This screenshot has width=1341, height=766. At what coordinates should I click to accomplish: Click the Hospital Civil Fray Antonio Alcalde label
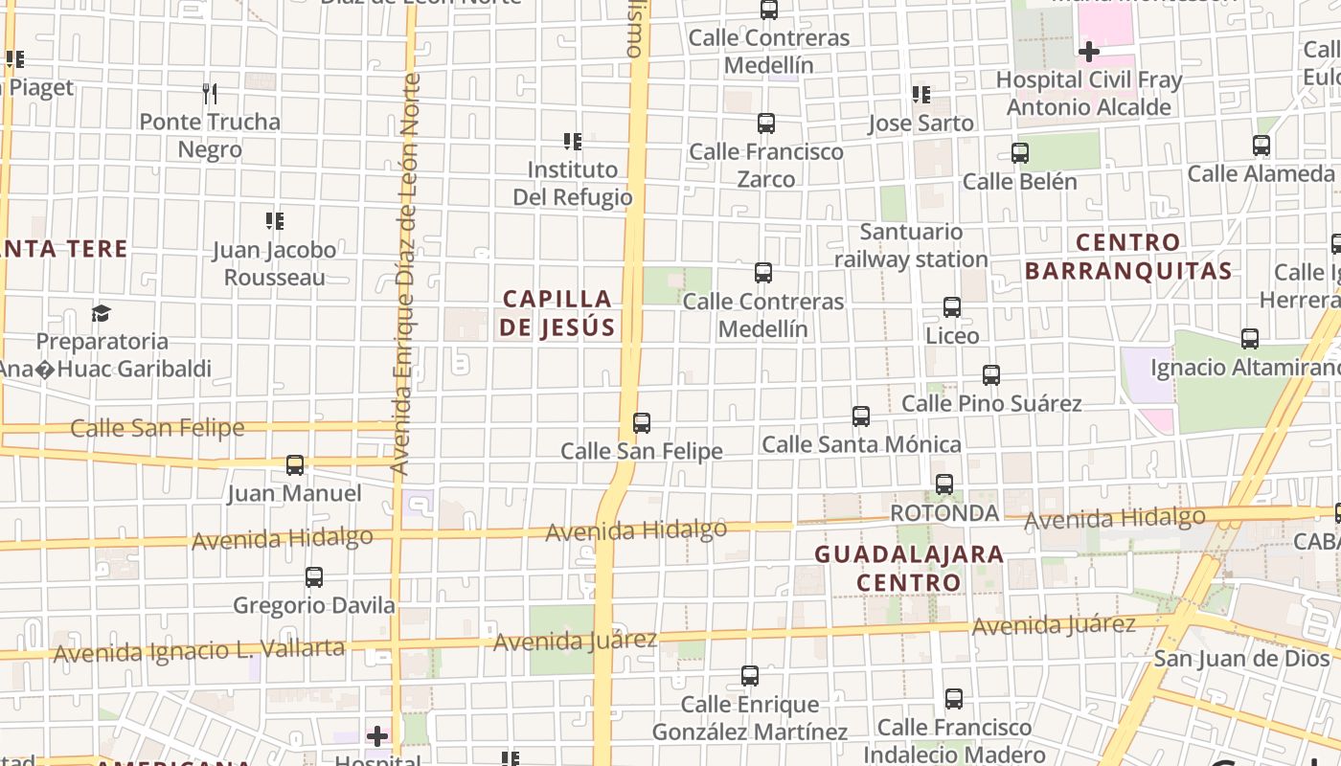tap(1089, 93)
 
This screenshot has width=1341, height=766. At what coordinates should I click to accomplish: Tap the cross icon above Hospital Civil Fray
tap(1088, 51)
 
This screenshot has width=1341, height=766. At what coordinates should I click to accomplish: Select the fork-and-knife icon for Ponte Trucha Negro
tap(210, 93)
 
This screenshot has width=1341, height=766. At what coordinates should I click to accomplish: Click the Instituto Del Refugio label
tap(573, 183)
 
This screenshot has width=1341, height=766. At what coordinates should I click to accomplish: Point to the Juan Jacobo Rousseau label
tap(274, 263)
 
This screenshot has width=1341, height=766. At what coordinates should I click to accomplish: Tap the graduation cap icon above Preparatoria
tap(101, 313)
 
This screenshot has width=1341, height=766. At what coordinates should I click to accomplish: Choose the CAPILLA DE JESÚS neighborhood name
tap(557, 313)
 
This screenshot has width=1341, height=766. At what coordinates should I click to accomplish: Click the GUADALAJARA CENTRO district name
tap(909, 568)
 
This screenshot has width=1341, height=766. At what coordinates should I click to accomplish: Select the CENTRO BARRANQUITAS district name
tap(1128, 257)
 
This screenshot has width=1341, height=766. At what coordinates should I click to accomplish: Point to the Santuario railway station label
tap(911, 245)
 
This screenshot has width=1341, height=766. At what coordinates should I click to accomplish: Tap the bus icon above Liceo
tap(951, 307)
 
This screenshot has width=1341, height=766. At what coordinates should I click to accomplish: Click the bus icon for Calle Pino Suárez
tap(991, 375)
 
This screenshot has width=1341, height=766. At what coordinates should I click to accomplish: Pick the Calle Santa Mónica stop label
tap(861, 444)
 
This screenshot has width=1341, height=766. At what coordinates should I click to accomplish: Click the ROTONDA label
tap(944, 513)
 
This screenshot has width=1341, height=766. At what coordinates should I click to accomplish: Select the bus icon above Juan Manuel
tap(295, 465)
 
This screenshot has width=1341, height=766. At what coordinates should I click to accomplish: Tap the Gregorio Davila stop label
tap(314, 605)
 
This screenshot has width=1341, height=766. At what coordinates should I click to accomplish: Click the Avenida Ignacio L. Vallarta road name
tap(198, 651)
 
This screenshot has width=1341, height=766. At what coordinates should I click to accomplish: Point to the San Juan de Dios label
tap(1241, 659)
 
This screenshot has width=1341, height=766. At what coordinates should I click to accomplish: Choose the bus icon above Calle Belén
tap(1020, 153)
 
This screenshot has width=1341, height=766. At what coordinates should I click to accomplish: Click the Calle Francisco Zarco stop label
tap(766, 165)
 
